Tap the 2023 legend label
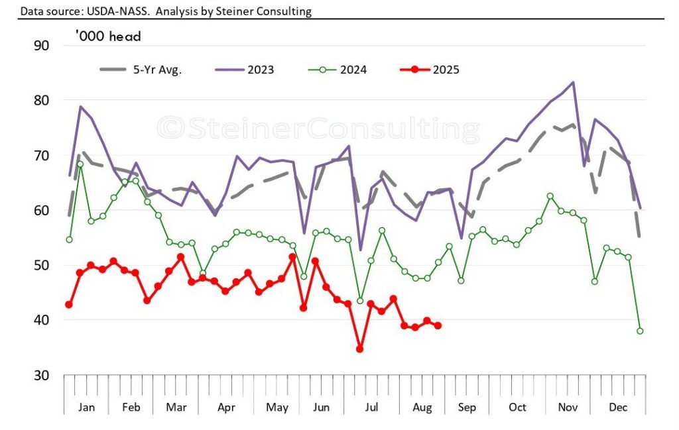(x=261, y=70)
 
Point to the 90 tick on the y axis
(x=41, y=45)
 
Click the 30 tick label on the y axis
(x=41, y=375)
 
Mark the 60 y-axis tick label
(x=41, y=210)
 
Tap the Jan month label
(x=86, y=407)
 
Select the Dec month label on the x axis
(x=619, y=407)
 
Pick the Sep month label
(x=467, y=407)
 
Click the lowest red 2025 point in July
(x=359, y=349)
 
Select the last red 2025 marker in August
(x=438, y=325)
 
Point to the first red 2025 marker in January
(x=69, y=304)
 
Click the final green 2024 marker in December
(x=640, y=331)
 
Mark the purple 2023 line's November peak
(x=572, y=82)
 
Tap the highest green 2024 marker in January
(x=80, y=164)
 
